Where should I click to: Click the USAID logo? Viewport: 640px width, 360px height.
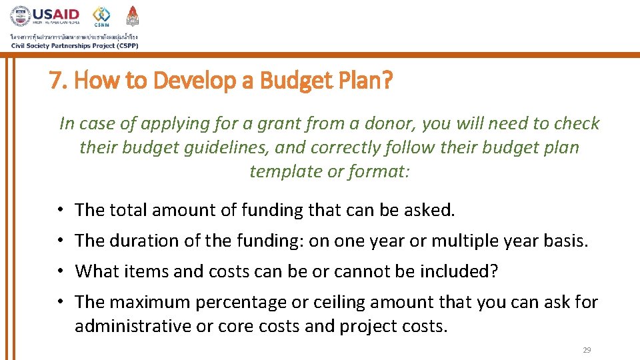[x=45, y=16]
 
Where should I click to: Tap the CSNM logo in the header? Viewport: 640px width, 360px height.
[x=101, y=16]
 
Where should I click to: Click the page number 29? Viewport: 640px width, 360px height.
[x=587, y=350]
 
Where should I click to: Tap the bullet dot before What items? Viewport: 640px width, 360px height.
[x=60, y=271]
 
